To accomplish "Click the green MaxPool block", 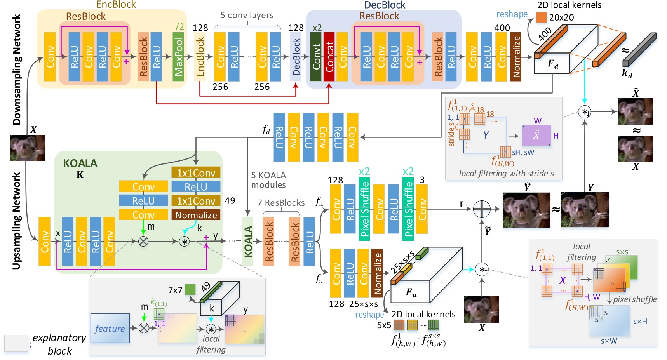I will [x=178, y=57].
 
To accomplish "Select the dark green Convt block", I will [x=316, y=57].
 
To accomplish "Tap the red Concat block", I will [x=329, y=57].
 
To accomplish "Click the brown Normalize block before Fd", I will [x=515, y=57].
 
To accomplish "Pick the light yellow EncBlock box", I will [x=200, y=57].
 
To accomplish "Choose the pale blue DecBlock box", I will [x=296, y=57].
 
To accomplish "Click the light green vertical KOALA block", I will [x=248, y=241].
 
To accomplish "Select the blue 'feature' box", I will [x=110, y=328].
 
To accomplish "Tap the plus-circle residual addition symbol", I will [x=482, y=209].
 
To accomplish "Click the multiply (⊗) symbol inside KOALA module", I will [x=143, y=241].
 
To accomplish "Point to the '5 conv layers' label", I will [x=247, y=16].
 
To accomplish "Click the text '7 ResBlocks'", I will [x=281, y=203].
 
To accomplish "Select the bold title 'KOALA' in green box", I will [x=80, y=163].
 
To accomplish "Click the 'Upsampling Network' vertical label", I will [x=16, y=221].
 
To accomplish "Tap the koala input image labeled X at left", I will [x=28, y=148].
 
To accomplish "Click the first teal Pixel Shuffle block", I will [x=364, y=209].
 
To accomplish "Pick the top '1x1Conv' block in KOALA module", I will [x=196, y=173].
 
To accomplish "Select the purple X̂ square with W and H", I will [x=536, y=135].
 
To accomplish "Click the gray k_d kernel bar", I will [x=639, y=49].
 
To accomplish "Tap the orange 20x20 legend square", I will [x=541, y=17].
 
